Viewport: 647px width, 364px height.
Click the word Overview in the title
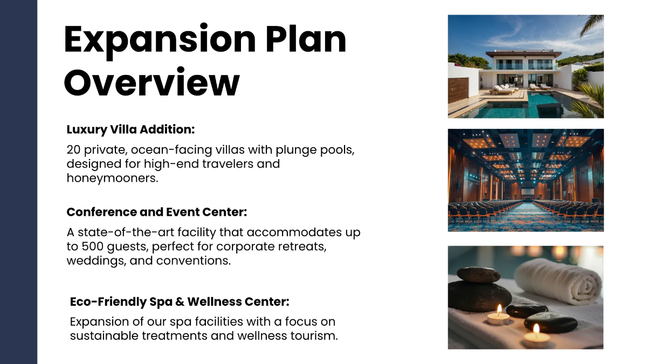(152, 82)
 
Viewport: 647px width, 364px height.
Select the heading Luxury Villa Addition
(130, 129)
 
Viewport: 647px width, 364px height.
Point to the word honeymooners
(112, 177)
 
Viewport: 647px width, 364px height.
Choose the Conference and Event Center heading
(156, 212)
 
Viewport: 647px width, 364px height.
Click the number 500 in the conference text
(97, 246)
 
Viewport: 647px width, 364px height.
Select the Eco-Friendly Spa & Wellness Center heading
(180, 301)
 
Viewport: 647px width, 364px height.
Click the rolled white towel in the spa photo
(558, 280)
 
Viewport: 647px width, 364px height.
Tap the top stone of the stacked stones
(478, 274)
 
